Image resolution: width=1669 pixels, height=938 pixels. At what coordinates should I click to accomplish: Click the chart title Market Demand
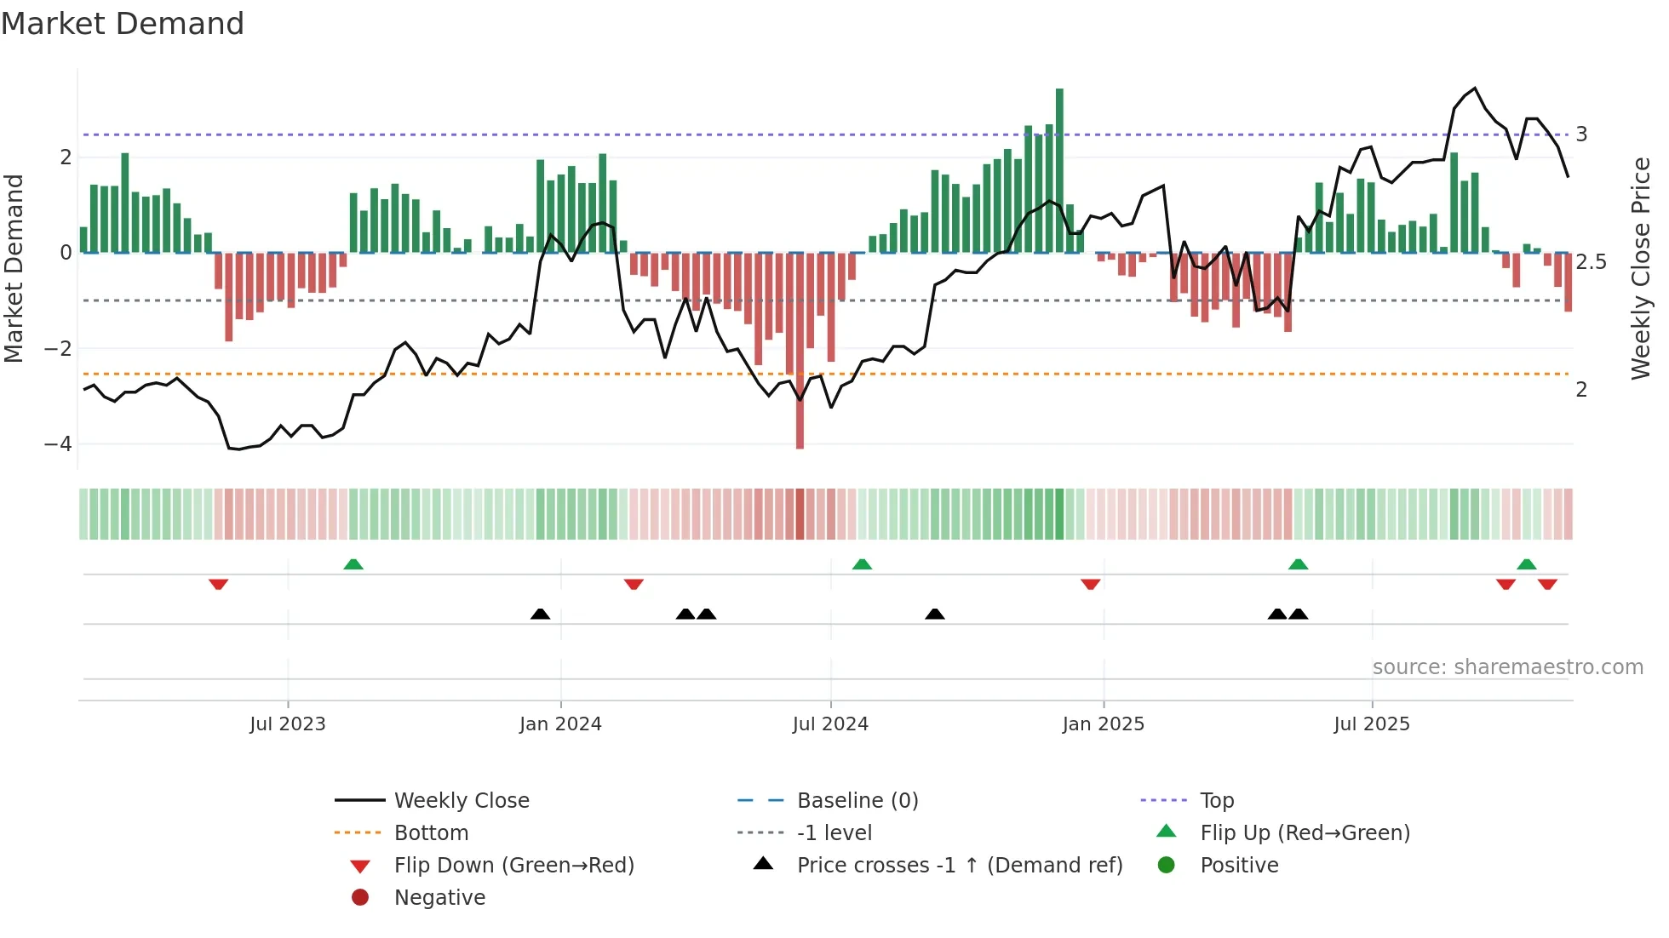click(123, 24)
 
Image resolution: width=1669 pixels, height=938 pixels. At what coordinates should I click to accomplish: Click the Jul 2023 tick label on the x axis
click(287, 724)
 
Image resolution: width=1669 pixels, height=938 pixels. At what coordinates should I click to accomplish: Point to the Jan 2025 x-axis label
click(1103, 724)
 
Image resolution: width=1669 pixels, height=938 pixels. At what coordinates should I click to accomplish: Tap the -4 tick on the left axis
click(58, 444)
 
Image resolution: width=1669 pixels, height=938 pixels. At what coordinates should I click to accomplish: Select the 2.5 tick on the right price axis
click(1591, 262)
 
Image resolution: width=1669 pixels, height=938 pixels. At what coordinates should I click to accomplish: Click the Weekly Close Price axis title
click(1640, 268)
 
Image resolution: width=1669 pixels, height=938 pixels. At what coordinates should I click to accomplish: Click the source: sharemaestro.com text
click(1507, 667)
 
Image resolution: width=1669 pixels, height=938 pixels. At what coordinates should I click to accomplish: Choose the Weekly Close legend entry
click(461, 801)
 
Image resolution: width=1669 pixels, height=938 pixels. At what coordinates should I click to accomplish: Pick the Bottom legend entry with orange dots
click(431, 833)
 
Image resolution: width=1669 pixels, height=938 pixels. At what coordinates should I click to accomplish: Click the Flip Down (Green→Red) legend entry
click(513, 866)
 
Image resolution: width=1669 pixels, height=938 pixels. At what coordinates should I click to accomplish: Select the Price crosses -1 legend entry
click(959, 866)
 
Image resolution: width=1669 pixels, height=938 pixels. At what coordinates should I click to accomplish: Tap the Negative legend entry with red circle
click(439, 898)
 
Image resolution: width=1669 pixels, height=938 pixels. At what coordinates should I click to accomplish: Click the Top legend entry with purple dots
click(1216, 801)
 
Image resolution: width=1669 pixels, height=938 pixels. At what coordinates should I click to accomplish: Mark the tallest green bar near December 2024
click(1059, 170)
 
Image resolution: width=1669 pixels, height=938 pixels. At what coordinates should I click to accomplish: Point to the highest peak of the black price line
click(1475, 89)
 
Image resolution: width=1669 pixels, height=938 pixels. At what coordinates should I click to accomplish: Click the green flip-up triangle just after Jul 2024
click(862, 564)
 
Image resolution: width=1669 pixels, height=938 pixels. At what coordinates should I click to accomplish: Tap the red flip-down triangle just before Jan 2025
click(1090, 584)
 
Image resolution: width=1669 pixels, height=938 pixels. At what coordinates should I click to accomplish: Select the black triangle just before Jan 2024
click(540, 614)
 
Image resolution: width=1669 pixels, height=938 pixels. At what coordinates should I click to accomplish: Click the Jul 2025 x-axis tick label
click(1371, 724)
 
